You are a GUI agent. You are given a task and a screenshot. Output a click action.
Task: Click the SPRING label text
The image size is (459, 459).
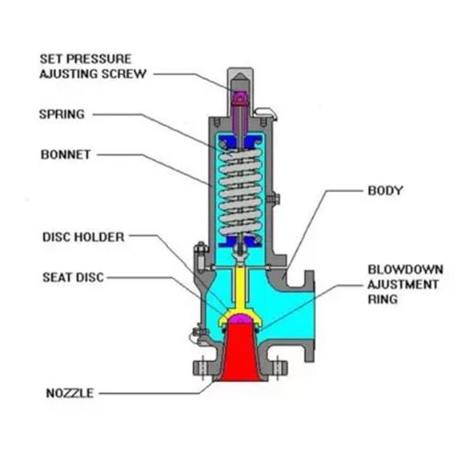[x=62, y=115]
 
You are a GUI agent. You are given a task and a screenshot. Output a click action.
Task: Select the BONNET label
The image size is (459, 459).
[x=66, y=154]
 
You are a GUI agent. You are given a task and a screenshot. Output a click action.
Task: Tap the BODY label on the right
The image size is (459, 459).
[x=386, y=190]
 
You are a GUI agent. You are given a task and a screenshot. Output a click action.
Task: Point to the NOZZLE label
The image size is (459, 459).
[x=70, y=393]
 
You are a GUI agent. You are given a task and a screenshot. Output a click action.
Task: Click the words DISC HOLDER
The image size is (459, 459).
[x=84, y=237]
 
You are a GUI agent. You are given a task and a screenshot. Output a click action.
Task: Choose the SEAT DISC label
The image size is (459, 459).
[x=73, y=277]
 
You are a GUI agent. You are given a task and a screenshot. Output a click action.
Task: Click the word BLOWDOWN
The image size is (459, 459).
[x=406, y=270]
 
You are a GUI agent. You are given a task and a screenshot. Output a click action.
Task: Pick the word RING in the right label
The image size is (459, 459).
[x=383, y=299]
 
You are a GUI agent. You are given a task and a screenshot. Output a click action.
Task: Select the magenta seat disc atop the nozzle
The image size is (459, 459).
[x=241, y=319]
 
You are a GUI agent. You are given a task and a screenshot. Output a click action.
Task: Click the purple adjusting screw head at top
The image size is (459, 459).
[x=241, y=98]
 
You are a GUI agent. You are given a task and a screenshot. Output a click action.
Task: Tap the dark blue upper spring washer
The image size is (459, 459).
[x=241, y=141]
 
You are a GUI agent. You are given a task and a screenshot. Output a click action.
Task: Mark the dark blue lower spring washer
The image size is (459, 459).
[x=241, y=241]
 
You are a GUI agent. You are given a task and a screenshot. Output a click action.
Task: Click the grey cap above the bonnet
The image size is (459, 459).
[x=241, y=92]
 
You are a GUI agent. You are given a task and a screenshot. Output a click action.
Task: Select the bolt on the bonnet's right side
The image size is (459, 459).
[x=274, y=199]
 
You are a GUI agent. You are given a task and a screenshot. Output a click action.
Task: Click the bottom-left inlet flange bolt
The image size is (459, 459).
[x=203, y=367]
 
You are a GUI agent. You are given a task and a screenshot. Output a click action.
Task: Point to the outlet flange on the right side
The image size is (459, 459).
[x=309, y=316]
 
